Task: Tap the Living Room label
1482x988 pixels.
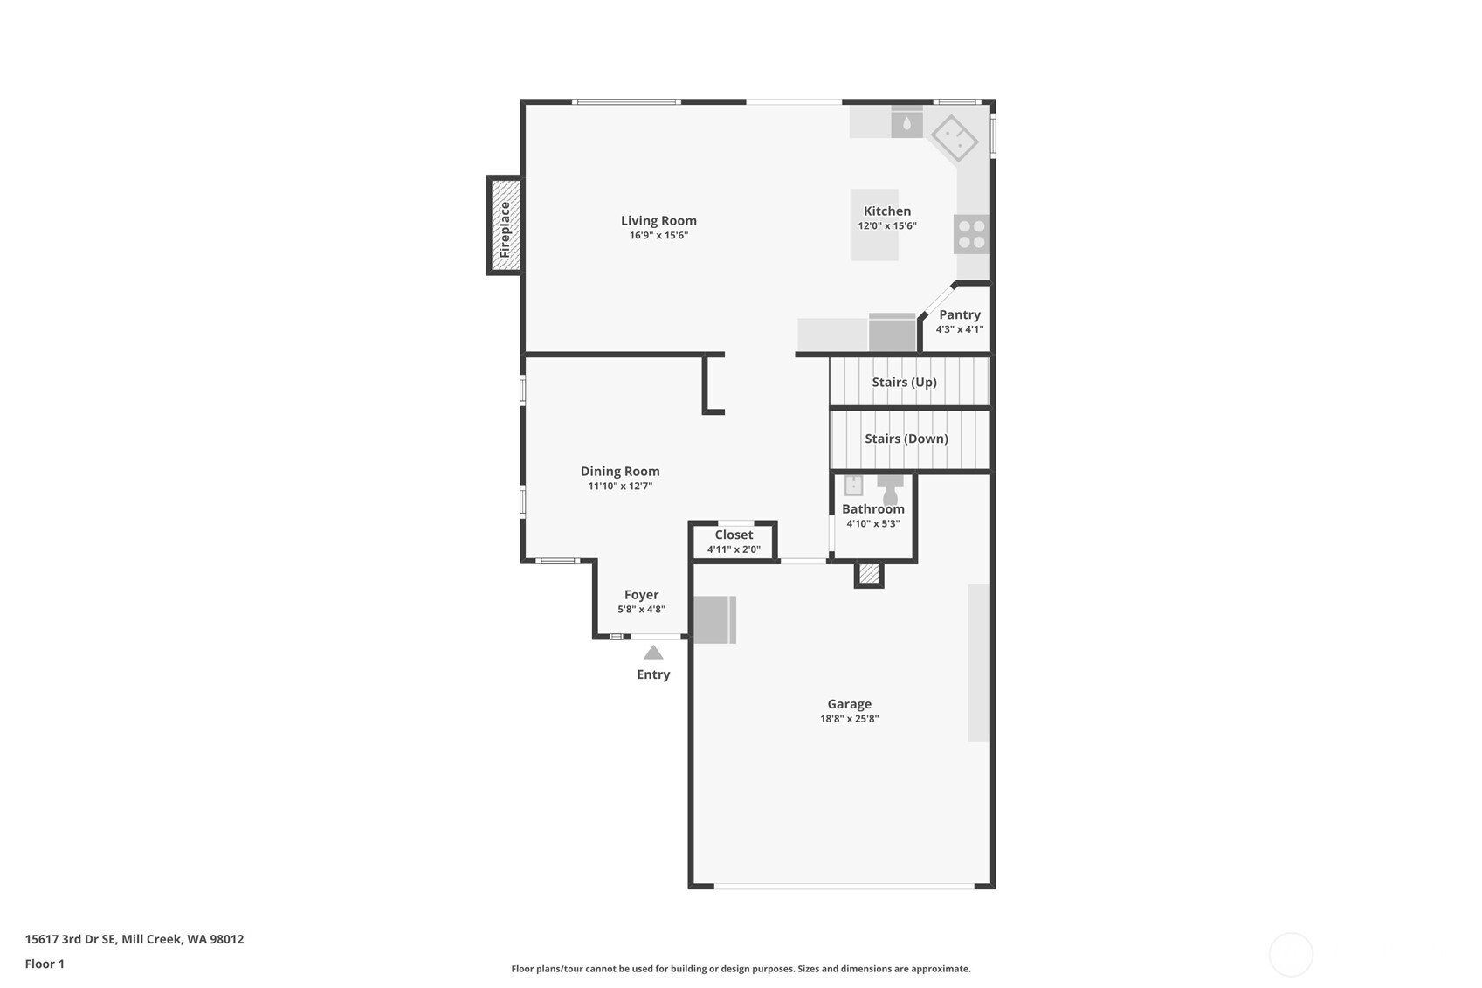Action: tap(658, 221)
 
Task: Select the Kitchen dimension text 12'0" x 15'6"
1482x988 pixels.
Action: tap(886, 226)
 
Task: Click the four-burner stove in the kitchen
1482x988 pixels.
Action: tap(972, 234)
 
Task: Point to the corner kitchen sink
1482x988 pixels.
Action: tap(955, 137)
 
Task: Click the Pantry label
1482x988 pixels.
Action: tap(959, 314)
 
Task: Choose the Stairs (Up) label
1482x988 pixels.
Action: tap(904, 382)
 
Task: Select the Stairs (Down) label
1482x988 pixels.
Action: tap(906, 439)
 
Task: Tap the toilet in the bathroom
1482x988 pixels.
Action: tap(890, 491)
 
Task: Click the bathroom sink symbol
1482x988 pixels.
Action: tap(853, 485)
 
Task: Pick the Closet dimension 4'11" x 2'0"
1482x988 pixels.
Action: tap(734, 549)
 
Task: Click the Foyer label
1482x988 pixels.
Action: tap(641, 595)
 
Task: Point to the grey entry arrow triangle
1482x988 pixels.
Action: tap(653, 653)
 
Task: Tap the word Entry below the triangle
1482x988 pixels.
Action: tap(653, 674)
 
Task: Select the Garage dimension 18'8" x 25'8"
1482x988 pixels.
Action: tap(849, 719)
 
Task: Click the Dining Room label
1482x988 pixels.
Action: tap(620, 471)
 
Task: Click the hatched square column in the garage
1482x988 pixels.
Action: tap(868, 574)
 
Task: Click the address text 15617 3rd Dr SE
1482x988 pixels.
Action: tap(70, 939)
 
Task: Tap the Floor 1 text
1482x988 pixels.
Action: tap(45, 964)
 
